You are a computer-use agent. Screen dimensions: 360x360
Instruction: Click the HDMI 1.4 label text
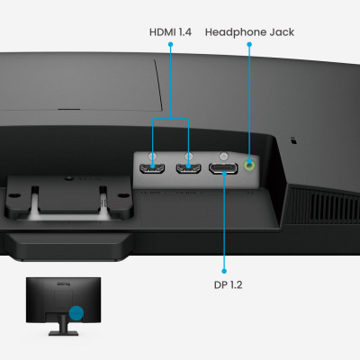tap(171, 32)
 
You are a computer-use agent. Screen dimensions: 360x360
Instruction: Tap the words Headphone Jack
tap(249, 32)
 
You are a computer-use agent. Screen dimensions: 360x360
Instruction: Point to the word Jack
tap(279, 32)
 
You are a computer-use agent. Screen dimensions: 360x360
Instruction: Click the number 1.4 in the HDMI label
tap(184, 32)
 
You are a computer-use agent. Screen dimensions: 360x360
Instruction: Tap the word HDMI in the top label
tap(162, 32)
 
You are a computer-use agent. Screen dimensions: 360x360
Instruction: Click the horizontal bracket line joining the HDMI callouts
tap(171, 120)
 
